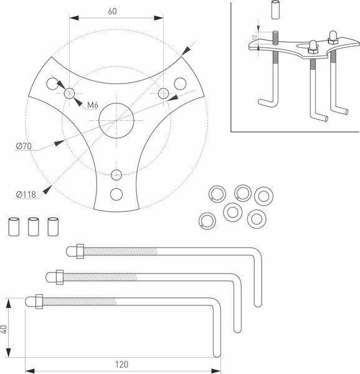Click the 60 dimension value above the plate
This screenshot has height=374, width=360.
113,11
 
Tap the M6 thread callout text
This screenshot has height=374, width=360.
93,105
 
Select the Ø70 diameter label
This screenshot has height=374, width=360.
24,146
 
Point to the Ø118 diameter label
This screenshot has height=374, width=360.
26,194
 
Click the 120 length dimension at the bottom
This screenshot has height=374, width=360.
122,365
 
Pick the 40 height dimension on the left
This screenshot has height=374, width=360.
4,329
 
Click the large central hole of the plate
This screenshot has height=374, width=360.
116,120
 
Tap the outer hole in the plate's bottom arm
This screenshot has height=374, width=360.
116,194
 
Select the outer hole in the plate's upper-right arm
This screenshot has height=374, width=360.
180,84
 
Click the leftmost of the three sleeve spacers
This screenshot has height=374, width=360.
14,227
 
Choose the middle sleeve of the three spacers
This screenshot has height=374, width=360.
34,227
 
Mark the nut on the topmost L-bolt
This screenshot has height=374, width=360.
80,251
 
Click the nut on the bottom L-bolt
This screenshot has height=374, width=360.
39,302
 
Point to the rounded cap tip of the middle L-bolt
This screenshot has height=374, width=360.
50,277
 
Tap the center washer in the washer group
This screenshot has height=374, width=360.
233,212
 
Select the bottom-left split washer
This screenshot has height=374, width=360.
207,221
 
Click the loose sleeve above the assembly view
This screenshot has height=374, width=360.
275,10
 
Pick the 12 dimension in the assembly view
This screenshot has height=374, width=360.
255,37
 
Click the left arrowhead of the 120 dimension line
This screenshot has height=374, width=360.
30,371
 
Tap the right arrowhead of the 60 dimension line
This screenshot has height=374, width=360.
159,18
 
